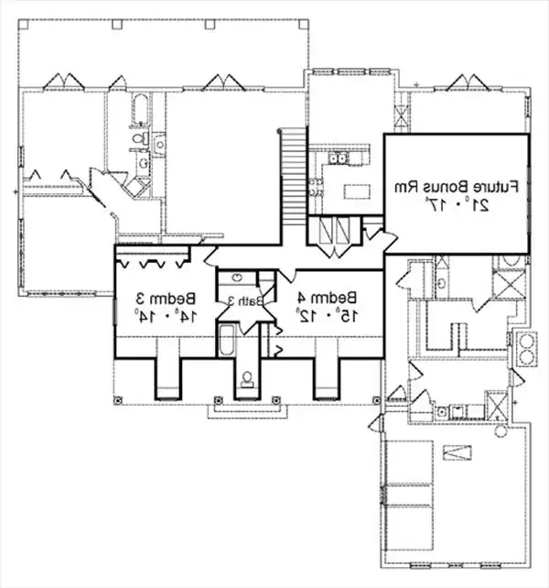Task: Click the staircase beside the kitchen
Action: (x=290, y=180)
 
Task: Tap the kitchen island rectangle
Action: (x=354, y=191)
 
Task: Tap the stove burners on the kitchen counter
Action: (x=316, y=189)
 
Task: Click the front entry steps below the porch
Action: (x=243, y=409)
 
